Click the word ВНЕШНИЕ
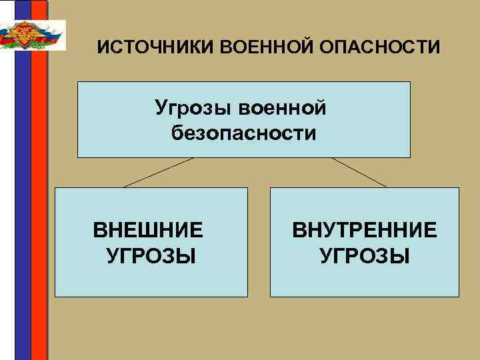[148, 231]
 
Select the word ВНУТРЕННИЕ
[364, 231]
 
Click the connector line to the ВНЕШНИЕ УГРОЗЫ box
[158, 172]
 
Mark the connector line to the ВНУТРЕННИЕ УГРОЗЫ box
[359, 172]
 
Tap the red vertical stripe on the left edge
[39, 200]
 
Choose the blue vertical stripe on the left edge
[23, 200]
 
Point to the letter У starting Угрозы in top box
[161, 107]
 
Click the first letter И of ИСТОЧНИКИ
[102, 49]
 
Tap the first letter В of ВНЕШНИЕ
[99, 231]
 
